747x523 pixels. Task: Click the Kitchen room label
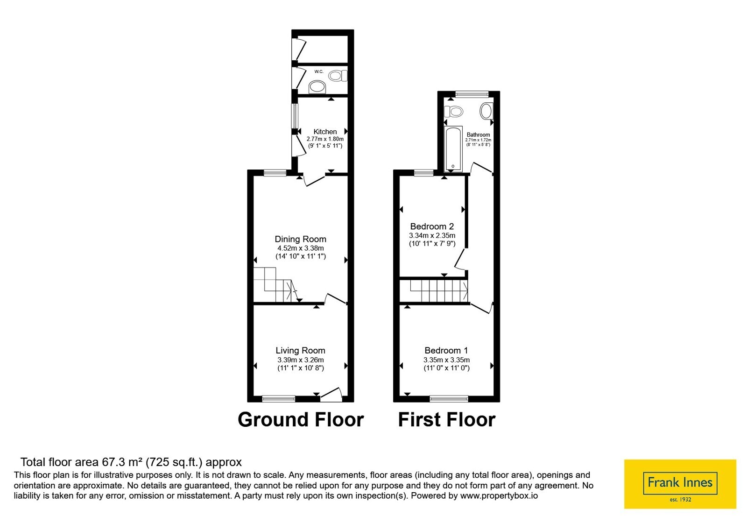coord(325,131)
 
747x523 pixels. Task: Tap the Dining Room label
coord(301,239)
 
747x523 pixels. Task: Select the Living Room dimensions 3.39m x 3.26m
coord(301,360)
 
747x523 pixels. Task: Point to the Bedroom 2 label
coord(432,226)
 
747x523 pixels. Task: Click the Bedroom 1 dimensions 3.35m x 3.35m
coord(446,360)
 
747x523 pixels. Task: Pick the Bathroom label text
coord(478,135)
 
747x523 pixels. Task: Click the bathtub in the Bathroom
coord(453,148)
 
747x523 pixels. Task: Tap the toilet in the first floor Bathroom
coord(453,111)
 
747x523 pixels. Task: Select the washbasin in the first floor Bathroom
coord(486,111)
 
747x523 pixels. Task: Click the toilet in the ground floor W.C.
coord(338,76)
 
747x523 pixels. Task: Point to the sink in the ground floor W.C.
coord(317,87)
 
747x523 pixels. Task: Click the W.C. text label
coord(319,71)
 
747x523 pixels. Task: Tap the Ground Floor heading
coord(301,420)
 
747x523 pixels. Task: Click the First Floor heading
coord(446,420)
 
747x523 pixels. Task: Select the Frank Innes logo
coord(680,484)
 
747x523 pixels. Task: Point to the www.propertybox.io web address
coord(499,496)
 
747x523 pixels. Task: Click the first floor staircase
coord(434,291)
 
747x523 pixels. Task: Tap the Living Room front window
coord(278,398)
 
